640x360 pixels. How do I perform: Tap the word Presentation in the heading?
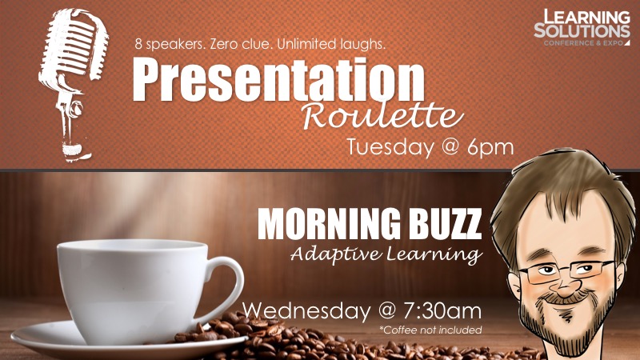pos(278,79)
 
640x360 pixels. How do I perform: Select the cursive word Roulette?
pos(382,116)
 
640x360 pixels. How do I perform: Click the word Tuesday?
pos(390,147)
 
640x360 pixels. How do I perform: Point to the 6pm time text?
pos(490,147)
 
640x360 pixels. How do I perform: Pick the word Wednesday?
pos(306,310)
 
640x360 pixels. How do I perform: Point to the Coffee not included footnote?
pos(430,330)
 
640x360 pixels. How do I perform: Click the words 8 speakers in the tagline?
pos(170,44)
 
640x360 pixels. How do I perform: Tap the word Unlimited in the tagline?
pos(302,44)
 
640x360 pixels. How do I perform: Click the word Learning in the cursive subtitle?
pos(434,255)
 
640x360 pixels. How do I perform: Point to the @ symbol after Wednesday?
pos(387,311)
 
